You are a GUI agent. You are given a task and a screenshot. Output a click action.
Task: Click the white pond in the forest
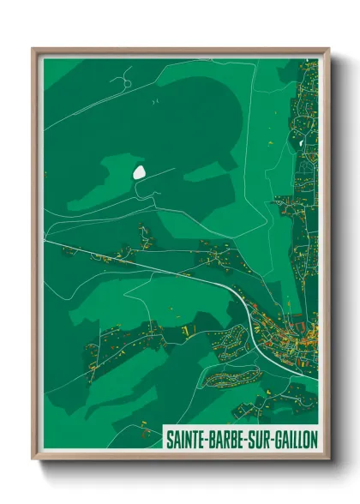point(139,171)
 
